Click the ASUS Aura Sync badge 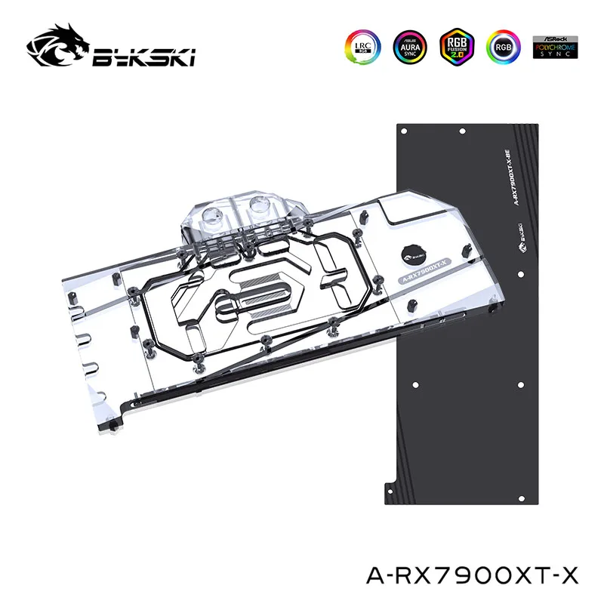coord(408,46)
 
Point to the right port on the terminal coord(259,205)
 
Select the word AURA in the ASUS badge coord(408,45)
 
